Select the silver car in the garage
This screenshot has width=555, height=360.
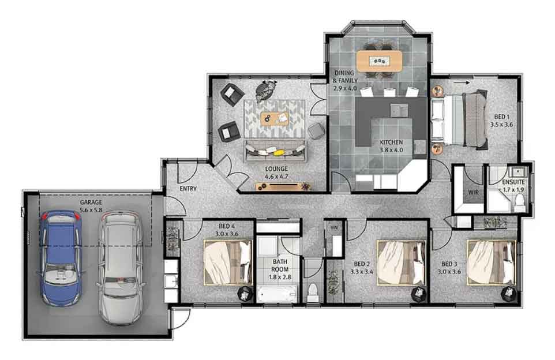121,268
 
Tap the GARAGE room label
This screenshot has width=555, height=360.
91,202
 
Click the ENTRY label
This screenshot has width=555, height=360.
188,189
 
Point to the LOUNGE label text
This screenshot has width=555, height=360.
276,169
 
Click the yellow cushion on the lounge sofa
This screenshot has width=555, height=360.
279,152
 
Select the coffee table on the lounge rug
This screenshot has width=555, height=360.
275,118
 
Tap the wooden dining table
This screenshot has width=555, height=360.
379,61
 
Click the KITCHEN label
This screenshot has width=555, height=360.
392,142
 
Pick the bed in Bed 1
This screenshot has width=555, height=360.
459,119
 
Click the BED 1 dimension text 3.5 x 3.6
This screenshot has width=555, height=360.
501,125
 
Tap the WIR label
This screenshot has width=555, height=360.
473,193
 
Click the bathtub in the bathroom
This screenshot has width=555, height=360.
277,294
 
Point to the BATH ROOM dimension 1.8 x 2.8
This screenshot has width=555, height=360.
280,277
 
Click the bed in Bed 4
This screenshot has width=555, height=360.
228,262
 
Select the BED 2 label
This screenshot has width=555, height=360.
362,264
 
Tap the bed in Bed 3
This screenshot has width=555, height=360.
491,262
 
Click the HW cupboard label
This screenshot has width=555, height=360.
334,228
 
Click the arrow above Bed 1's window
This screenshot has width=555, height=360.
462,82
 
